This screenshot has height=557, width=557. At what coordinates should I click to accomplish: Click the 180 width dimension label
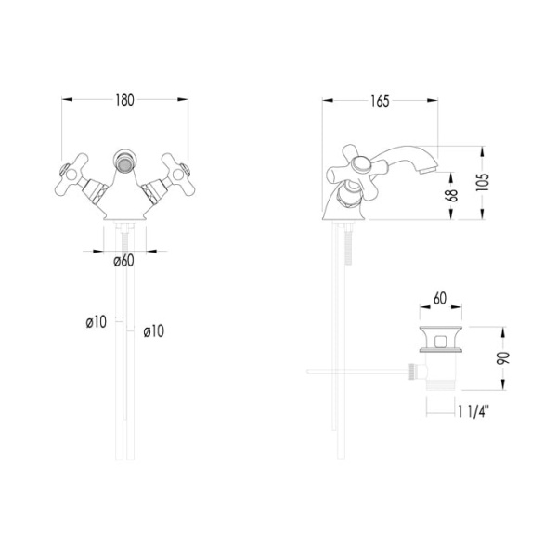[x=124, y=100]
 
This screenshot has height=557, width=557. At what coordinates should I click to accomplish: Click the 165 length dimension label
[x=380, y=101]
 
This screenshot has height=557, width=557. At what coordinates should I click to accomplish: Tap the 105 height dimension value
[x=482, y=183]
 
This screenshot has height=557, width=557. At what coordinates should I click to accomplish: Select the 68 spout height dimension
[x=451, y=196]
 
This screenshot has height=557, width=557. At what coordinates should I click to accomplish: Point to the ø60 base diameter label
[x=124, y=261]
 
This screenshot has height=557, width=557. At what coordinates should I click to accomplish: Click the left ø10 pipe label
[x=97, y=322]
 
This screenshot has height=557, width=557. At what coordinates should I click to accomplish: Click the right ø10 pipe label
[x=154, y=331]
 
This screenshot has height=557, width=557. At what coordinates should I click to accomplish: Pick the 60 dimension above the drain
[x=440, y=298]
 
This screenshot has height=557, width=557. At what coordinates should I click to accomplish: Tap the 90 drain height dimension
[x=502, y=358]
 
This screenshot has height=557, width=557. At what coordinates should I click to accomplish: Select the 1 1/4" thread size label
[x=473, y=412]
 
